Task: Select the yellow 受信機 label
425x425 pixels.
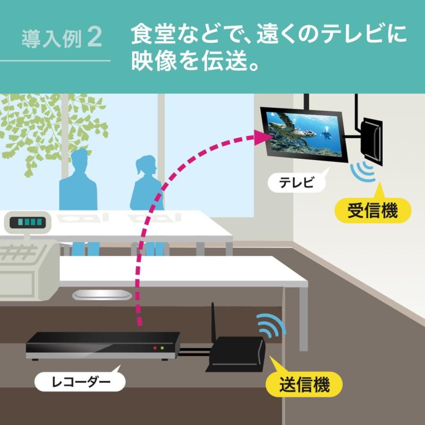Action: pos(373,210)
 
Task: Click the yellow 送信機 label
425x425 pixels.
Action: pos(304,384)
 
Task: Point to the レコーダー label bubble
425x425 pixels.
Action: pos(80,382)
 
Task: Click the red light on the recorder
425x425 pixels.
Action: pos(155,348)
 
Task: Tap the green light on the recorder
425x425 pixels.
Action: pos(162,348)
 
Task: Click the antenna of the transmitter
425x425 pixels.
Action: pos(213,323)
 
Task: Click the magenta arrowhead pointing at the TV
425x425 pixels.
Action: pos(263,137)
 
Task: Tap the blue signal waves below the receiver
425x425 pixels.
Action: pos(363,171)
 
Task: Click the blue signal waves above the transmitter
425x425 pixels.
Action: pos(271,325)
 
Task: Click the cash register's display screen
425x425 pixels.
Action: pos(28,222)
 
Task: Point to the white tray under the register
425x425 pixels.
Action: pos(102,295)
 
